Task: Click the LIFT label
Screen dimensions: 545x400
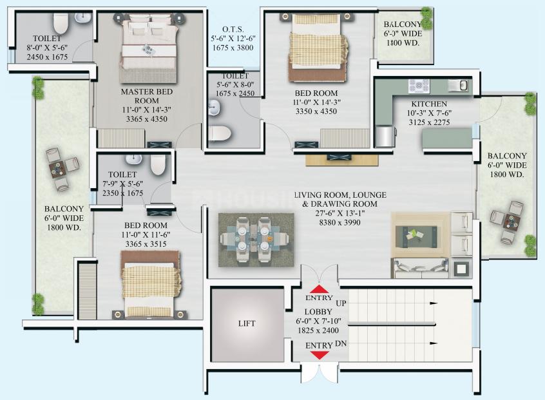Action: [x=247, y=323]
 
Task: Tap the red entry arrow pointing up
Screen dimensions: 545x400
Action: [x=319, y=289]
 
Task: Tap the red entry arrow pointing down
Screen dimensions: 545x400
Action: [x=320, y=355]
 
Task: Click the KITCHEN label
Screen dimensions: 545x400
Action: [x=429, y=104]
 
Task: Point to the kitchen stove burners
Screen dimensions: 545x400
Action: [x=419, y=86]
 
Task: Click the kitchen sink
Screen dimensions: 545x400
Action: [x=459, y=86]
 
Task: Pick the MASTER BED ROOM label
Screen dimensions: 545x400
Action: [x=147, y=96]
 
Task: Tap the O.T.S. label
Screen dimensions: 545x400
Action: [x=233, y=30]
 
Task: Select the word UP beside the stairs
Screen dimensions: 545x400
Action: [x=341, y=303]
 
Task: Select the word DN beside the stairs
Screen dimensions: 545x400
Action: [x=341, y=343]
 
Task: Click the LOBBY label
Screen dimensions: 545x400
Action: [x=318, y=312]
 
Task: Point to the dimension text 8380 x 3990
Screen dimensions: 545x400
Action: [x=339, y=222]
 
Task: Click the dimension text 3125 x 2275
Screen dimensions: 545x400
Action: [x=429, y=122]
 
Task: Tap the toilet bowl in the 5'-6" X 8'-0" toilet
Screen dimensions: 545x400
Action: [x=220, y=134]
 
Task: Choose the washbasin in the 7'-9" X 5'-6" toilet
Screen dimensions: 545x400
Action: [x=134, y=159]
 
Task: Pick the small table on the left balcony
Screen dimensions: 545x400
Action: [x=56, y=170]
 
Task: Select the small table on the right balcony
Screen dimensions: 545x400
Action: [x=512, y=222]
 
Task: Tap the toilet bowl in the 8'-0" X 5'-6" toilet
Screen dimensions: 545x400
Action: [x=60, y=22]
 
